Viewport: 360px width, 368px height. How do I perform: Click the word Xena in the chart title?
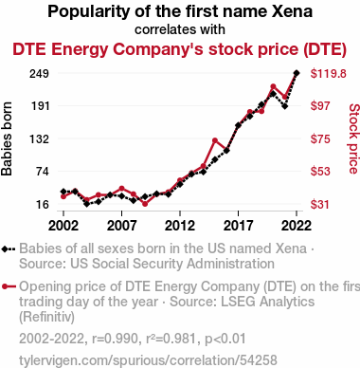click(292, 11)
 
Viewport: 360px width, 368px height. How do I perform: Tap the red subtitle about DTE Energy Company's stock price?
click(179, 49)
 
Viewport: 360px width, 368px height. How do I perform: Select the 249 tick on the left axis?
click(39, 74)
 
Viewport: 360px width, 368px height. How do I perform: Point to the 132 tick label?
click(40, 138)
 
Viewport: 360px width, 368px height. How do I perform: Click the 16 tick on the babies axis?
click(43, 204)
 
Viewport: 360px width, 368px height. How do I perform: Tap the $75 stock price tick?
click(320, 138)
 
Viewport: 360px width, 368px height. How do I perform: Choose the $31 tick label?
click(320, 204)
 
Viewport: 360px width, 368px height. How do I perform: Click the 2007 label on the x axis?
click(121, 226)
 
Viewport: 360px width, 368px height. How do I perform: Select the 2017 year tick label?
click(238, 226)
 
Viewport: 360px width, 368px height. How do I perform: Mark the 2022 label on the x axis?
click(297, 226)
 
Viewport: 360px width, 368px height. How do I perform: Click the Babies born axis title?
click(7, 138)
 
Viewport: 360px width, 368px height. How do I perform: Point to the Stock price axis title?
click(354, 138)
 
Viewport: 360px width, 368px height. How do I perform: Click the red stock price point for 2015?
click(215, 140)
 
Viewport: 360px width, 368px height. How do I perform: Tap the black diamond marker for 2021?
click(285, 106)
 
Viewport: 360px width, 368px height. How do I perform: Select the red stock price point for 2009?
click(145, 204)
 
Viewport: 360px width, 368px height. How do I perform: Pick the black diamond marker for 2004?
click(87, 204)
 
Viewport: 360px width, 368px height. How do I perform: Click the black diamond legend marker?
click(9, 249)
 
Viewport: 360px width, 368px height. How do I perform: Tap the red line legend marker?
click(9, 286)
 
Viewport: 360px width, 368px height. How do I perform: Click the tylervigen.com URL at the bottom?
click(148, 360)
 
